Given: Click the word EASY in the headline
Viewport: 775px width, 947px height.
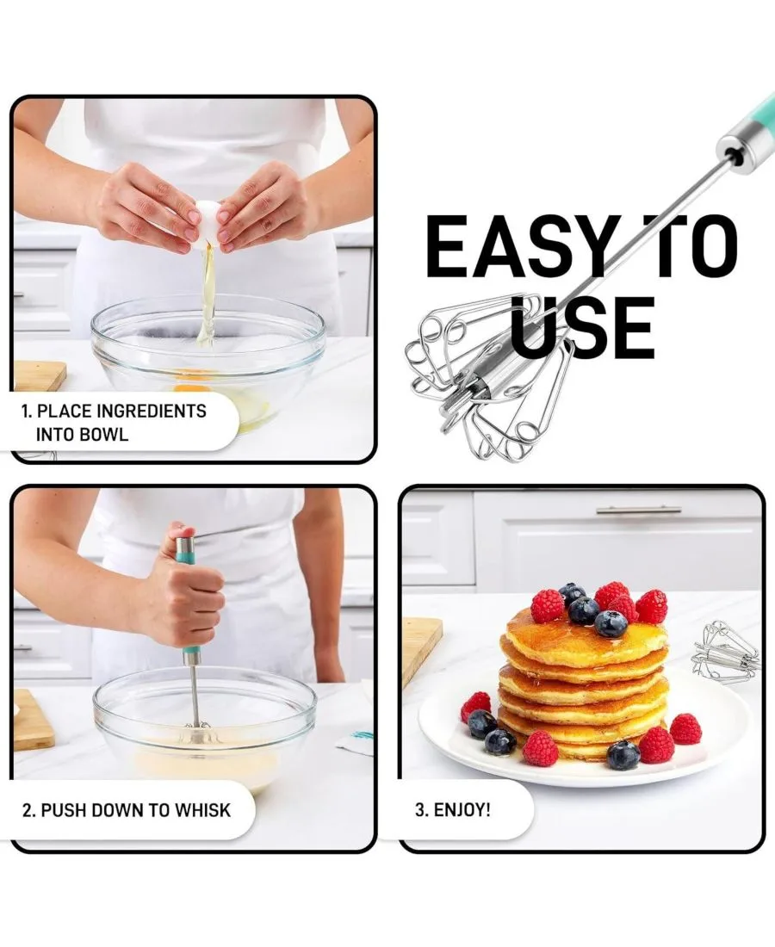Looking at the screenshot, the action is coord(516,247).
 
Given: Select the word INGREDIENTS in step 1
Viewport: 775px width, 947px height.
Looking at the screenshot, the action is coord(152,412).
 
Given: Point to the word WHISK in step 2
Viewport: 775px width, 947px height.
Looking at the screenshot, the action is coord(203,810).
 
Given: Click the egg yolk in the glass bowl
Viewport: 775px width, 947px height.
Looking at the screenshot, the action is coord(192,387).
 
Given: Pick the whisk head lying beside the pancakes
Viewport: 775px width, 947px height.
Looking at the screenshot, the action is coord(725,653).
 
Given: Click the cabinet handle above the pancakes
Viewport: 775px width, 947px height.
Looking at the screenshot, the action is coord(638,511).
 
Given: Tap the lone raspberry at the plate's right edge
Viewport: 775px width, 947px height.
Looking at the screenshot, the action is coord(685,729).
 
